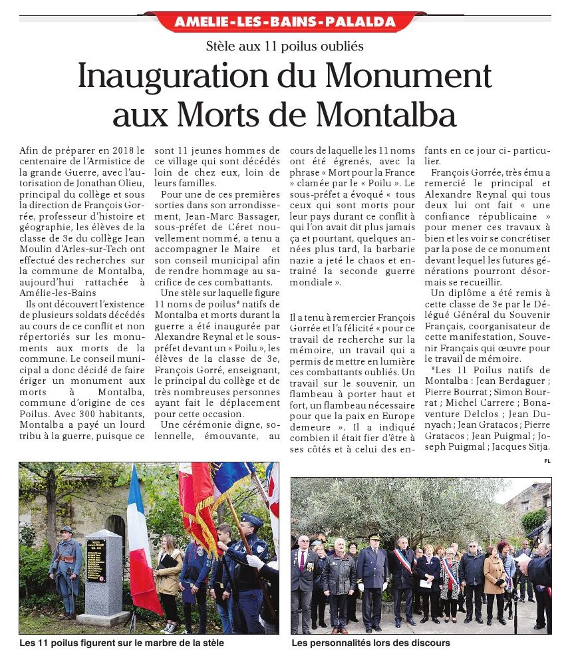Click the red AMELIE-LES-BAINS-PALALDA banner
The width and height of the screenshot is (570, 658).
(x=285, y=21)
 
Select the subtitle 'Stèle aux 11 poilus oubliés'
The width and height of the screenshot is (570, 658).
(x=285, y=47)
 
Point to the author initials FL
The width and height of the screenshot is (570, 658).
(x=547, y=460)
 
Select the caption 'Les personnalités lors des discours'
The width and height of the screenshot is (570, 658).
(x=370, y=643)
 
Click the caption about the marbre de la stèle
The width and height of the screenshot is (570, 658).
(x=122, y=643)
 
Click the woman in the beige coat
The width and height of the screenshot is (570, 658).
(x=494, y=579)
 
